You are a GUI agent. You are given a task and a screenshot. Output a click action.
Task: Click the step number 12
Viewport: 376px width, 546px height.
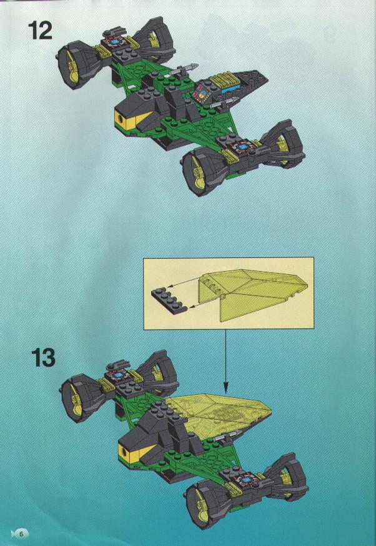tap(41, 30)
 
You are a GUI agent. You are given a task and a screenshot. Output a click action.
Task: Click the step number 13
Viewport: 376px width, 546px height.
tap(44, 357)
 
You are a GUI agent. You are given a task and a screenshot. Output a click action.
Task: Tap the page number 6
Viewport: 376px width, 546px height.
tap(21, 534)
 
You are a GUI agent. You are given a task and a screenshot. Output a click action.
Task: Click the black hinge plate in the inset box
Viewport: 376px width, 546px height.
tap(169, 299)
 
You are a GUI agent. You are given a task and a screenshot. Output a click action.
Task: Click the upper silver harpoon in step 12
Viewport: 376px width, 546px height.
tap(184, 69)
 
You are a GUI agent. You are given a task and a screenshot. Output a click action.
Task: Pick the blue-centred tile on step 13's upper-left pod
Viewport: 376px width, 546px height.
tap(119, 374)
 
